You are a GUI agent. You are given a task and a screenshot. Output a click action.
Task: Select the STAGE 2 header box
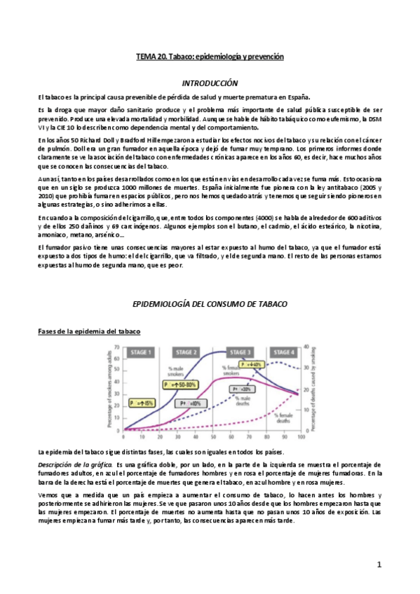click(x=187, y=352)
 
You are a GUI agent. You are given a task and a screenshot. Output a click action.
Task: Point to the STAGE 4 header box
click(x=283, y=352)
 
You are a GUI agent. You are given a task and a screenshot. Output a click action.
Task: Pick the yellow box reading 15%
click(x=142, y=403)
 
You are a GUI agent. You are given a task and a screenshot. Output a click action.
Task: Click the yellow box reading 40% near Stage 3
click(x=250, y=365)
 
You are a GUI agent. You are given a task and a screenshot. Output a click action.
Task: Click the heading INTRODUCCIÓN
click(x=210, y=83)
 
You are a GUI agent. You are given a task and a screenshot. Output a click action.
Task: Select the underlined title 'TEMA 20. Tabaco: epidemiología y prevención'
click(x=210, y=56)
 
